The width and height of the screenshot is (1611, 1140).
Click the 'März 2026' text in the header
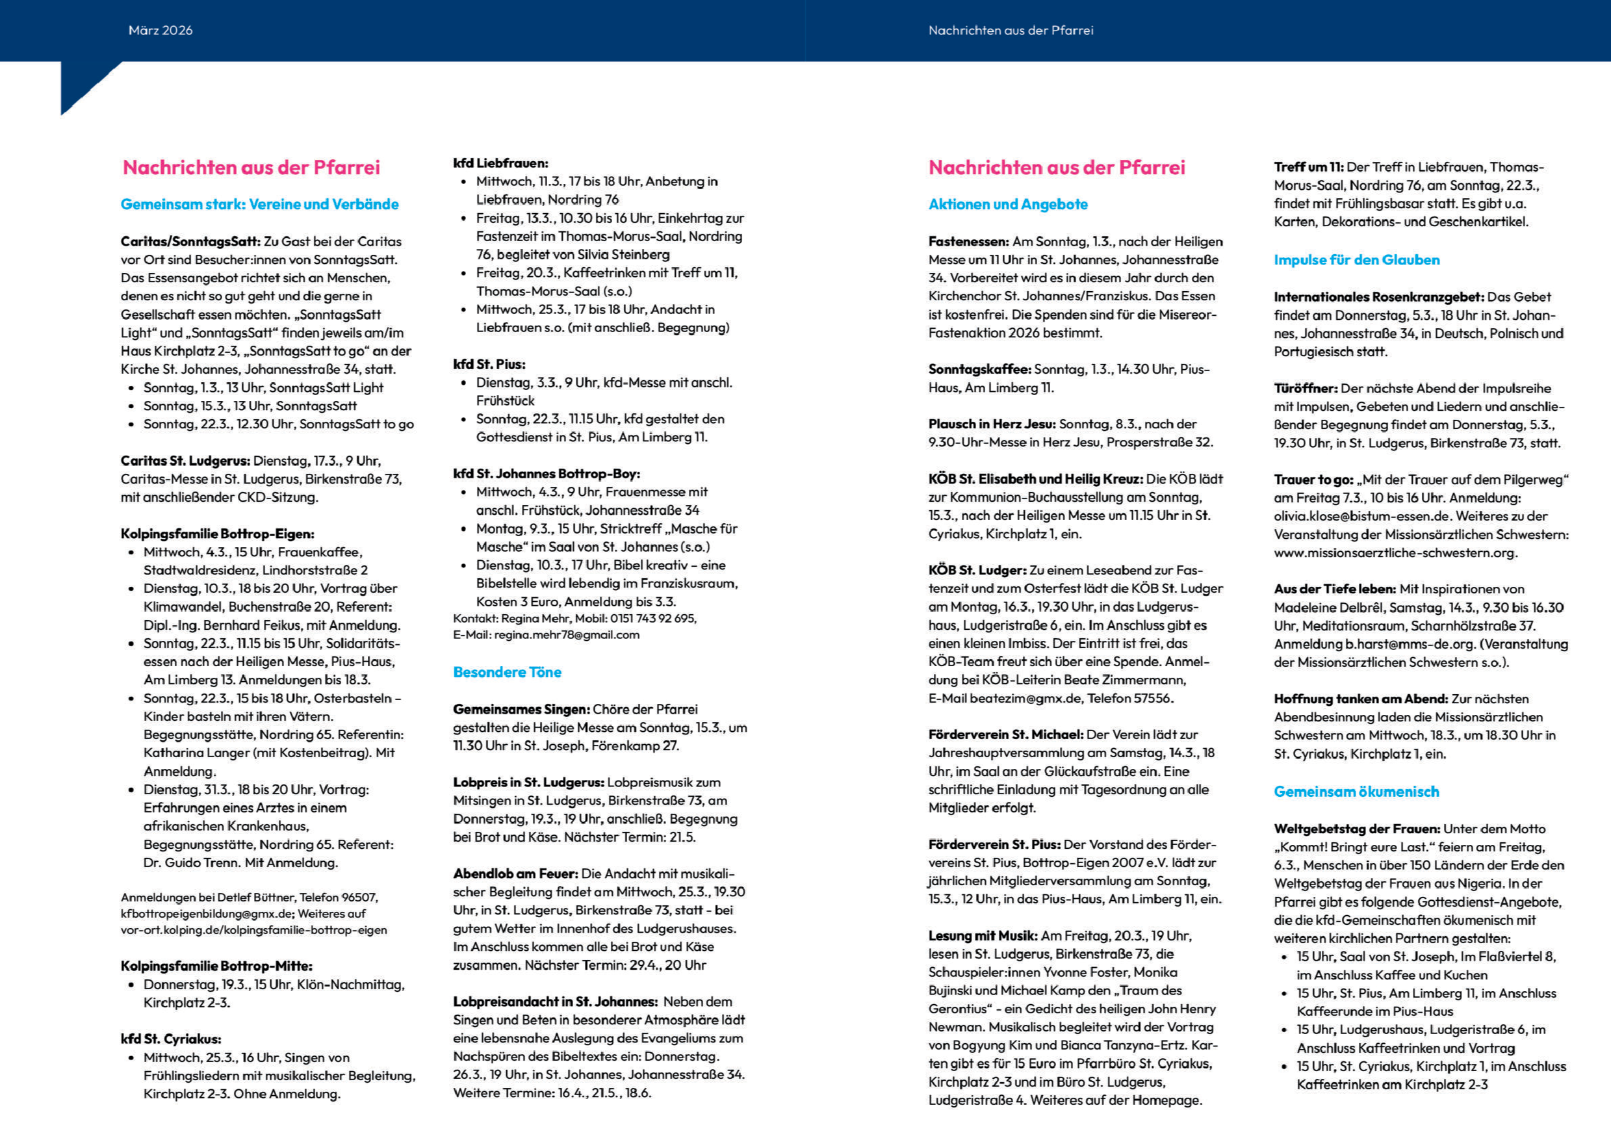coord(160,30)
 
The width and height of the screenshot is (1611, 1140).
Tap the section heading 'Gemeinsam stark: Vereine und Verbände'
coord(259,204)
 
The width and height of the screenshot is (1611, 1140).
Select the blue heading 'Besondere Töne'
coord(507,672)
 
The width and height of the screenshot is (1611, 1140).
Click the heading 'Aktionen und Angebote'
coord(1007,204)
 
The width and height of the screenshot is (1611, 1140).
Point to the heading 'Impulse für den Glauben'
coord(1356,260)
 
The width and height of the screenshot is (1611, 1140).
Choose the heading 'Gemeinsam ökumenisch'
coord(1356,791)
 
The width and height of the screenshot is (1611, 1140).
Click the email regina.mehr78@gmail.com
coord(567,634)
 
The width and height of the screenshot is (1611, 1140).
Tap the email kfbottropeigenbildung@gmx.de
coord(207,913)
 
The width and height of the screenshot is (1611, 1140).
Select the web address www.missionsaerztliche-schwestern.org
coord(1395,552)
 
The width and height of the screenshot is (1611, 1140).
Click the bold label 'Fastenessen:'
coord(968,242)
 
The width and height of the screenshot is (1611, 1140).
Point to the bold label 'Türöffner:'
coord(1305,388)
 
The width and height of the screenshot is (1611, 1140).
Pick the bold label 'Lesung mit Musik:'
coord(982,936)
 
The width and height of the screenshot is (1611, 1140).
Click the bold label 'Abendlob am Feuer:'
coord(515,874)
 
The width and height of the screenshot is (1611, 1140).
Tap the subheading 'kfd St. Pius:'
coord(489,365)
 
